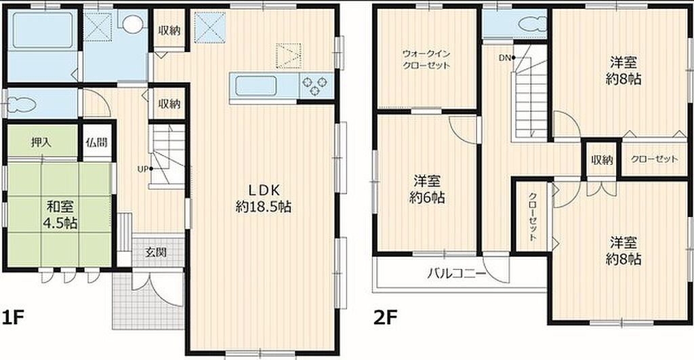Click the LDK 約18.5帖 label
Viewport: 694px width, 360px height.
pos(264,199)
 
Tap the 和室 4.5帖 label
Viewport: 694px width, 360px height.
pos(60,215)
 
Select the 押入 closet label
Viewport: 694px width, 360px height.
pos(41,142)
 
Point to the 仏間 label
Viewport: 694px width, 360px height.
pos(97,142)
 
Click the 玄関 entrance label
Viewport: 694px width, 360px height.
pos(157,252)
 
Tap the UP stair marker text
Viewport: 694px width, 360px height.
pos(143,169)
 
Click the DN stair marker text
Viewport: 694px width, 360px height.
pos(504,58)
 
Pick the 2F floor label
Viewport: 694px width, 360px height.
pos(385,318)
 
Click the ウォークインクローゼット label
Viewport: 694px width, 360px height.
pos(426,60)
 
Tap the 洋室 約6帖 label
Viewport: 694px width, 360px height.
pos(427,189)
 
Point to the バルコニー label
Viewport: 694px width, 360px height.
pos(457,273)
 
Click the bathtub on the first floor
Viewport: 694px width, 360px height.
pos(43,30)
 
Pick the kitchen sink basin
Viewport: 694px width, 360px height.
pos(256,86)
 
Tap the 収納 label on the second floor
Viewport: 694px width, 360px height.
pos(602,160)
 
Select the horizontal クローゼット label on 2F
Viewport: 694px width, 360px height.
pos(654,159)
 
